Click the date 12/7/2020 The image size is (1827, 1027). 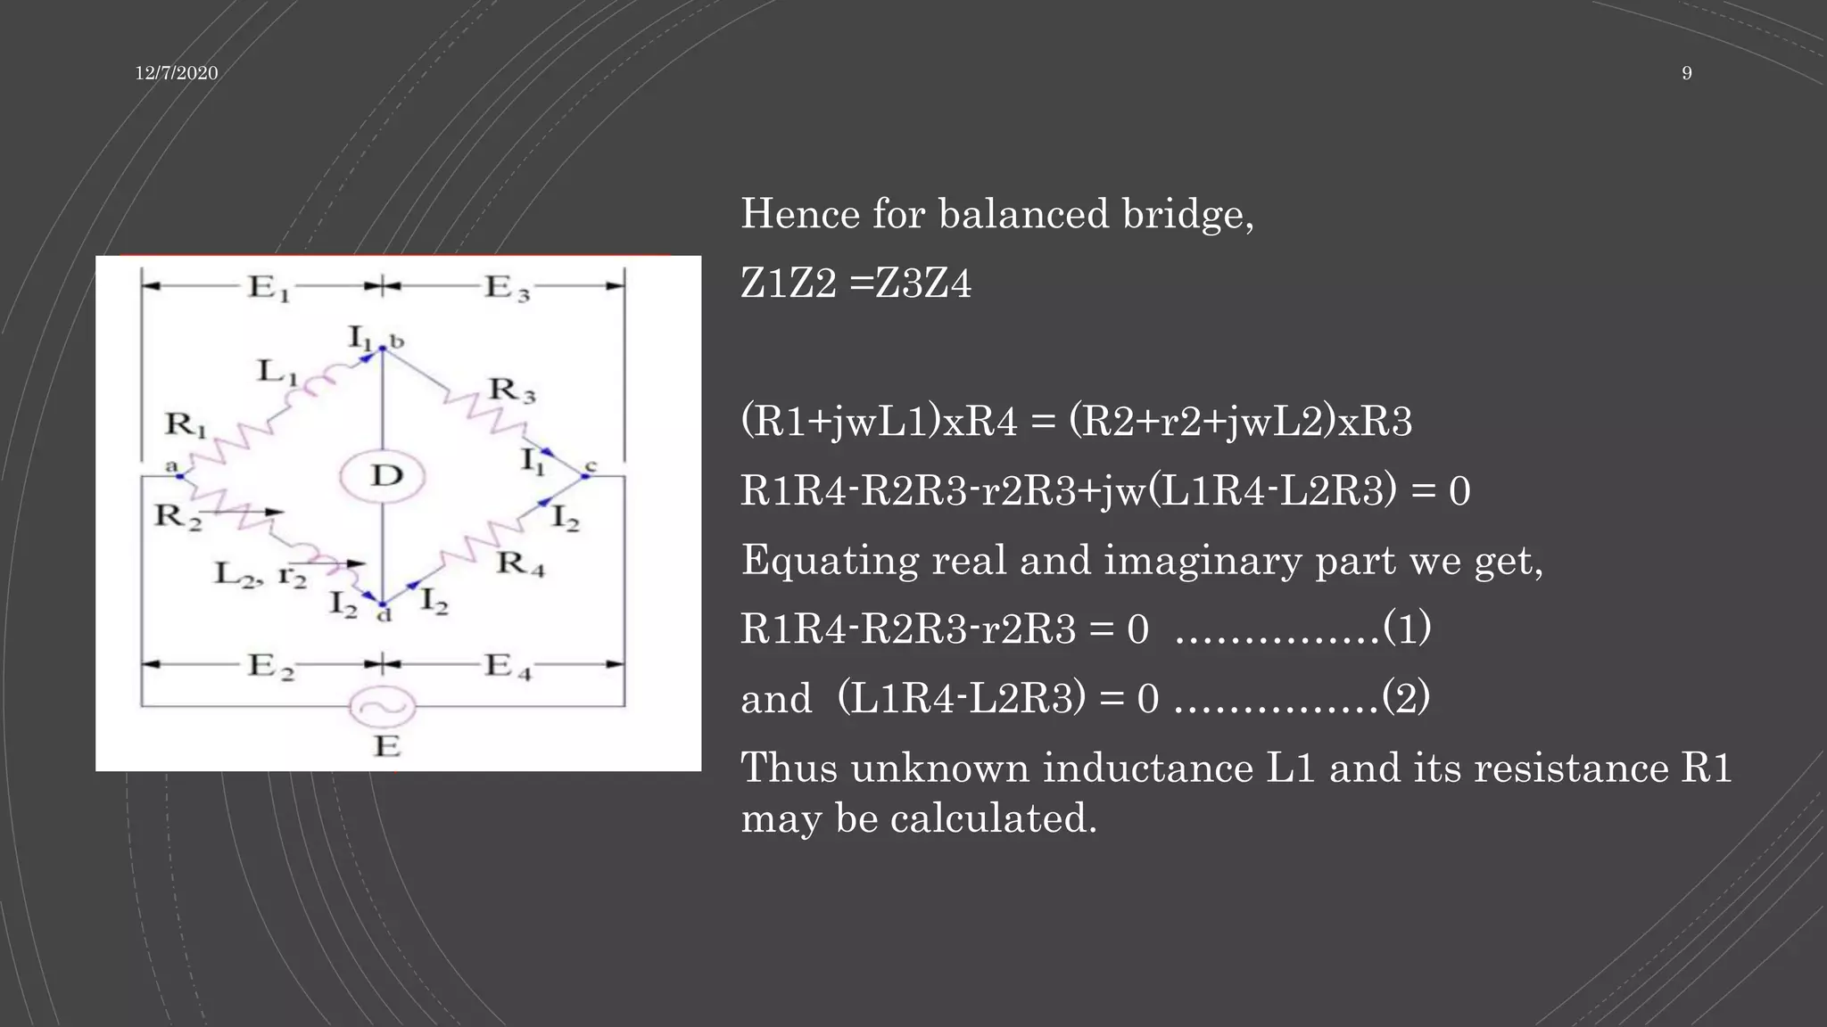click(x=177, y=73)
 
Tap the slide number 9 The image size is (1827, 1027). click(x=1686, y=73)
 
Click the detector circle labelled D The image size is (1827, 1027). click(x=383, y=476)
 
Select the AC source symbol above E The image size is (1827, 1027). click(x=383, y=708)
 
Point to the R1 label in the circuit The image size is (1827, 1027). click(x=185, y=424)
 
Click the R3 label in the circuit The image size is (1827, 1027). click(x=512, y=390)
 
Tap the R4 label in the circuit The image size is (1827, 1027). click(x=521, y=563)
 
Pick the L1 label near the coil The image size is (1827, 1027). click(x=277, y=371)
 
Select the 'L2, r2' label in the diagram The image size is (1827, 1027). click(x=260, y=573)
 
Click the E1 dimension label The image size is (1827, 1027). click(x=268, y=288)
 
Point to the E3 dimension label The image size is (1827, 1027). click(x=507, y=288)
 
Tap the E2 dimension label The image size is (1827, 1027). click(x=269, y=666)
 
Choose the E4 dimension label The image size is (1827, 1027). click(x=508, y=666)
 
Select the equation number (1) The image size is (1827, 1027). click(x=1407, y=628)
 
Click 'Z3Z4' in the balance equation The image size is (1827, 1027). click(x=923, y=283)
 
